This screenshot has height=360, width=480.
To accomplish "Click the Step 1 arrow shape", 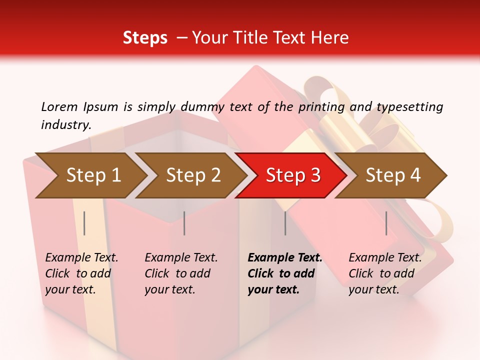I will click(90, 175).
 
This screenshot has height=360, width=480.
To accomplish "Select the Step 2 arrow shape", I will click(192, 175).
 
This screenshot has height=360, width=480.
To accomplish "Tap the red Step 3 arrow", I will click(292, 175).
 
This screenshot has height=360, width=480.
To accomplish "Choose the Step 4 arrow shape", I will click(392, 175).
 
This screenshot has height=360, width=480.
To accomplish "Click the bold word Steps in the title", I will click(145, 37).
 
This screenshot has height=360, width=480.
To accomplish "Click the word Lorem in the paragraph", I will click(58, 106).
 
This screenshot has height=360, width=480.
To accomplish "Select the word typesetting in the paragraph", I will click(409, 106).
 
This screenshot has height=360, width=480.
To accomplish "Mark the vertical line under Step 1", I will click(84, 223).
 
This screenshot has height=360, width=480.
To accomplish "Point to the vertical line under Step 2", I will click(184, 223).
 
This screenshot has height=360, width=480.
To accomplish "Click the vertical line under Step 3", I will click(285, 223).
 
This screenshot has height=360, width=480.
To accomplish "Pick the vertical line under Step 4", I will click(386, 223).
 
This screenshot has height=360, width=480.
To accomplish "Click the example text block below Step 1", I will click(81, 273).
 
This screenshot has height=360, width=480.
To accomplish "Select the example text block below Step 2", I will click(181, 273).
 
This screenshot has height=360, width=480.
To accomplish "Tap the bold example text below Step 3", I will click(284, 273).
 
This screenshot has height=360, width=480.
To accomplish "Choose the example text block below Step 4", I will click(385, 273).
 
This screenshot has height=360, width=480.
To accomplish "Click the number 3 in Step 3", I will click(315, 175).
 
